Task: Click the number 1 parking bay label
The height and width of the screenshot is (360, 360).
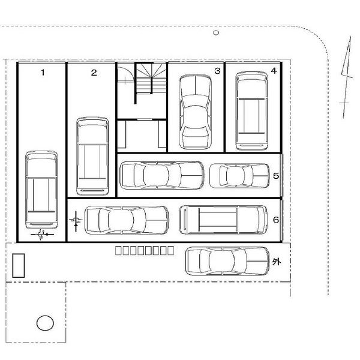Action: tap(43, 73)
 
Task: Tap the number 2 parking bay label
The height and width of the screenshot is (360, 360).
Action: tap(94, 73)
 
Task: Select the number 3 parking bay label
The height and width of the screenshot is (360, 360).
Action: tap(217, 71)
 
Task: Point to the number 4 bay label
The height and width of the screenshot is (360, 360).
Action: tap(274, 71)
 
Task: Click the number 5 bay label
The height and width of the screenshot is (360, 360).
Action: tap(276, 176)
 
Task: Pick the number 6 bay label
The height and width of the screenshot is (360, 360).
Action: tap(276, 220)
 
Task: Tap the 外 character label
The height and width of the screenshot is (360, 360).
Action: tap(276, 262)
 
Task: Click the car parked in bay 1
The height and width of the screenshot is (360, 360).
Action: tap(41, 190)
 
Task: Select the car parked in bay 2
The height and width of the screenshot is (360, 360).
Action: tap(92, 157)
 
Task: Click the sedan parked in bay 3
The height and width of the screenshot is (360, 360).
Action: tap(195, 112)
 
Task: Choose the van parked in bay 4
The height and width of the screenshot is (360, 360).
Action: tap(252, 111)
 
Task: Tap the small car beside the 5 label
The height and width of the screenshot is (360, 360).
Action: tap(239, 176)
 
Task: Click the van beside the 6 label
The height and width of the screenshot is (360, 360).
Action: tap(223, 220)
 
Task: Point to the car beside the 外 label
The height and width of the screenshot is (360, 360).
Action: tap(227, 261)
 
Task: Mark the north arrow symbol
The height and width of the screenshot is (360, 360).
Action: tap(346, 77)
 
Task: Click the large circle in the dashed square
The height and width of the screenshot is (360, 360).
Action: tap(45, 323)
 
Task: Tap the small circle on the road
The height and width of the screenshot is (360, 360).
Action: tap(216, 33)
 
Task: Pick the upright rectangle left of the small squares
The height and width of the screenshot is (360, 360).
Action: tap(19, 265)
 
